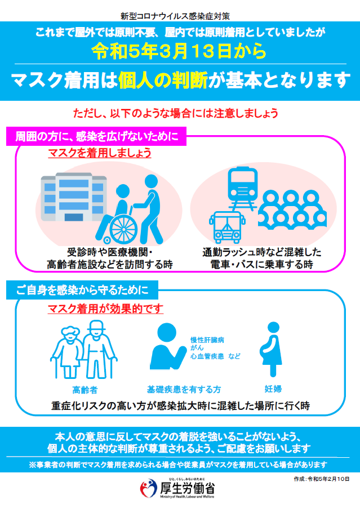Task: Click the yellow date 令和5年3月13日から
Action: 179,51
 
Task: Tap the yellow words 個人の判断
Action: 163,80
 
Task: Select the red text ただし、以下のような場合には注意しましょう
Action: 176,113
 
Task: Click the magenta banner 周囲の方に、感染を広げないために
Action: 96,136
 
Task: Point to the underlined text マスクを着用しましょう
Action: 100,153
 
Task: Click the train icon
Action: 242,188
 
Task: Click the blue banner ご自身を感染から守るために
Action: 82,290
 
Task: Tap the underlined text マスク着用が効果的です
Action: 105,309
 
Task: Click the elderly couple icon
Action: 84,350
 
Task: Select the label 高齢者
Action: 85,390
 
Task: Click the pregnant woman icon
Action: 272,349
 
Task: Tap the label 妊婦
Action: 273,389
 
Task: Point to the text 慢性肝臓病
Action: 207,340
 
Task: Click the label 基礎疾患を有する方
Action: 184,390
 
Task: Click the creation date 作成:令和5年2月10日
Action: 322,479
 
